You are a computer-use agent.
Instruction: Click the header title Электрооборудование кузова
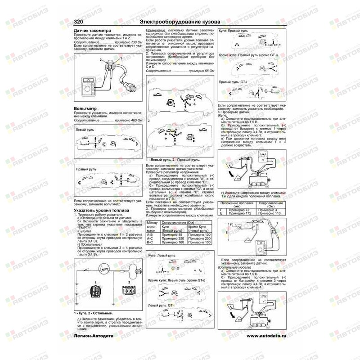pos(180,22)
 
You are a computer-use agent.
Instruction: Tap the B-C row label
pos(151,243)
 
